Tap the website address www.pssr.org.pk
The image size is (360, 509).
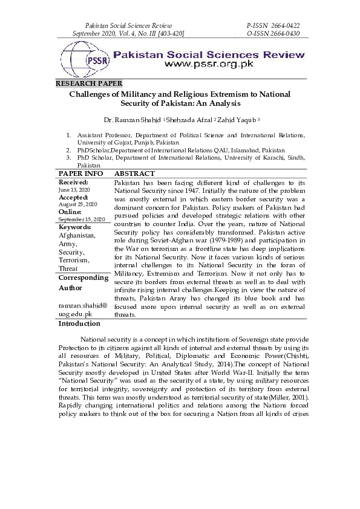point(209,63)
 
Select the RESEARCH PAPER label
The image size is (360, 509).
point(88,83)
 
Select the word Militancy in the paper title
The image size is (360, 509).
point(134,94)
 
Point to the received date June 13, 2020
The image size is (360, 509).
point(73,189)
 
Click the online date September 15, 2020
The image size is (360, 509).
point(82,219)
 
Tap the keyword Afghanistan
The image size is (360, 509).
point(77,235)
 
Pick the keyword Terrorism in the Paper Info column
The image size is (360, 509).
point(74,260)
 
